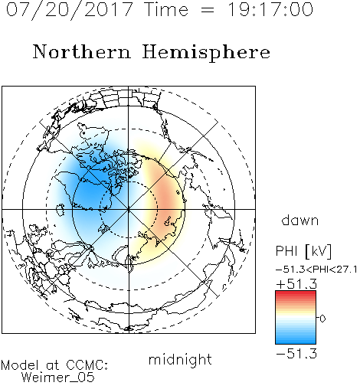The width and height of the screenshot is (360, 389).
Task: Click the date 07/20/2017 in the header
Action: pyautogui.click(x=70, y=10)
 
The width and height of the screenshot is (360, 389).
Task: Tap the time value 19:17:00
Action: pyautogui.click(x=270, y=9)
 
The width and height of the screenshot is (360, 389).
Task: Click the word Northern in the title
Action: pyautogui.click(x=82, y=51)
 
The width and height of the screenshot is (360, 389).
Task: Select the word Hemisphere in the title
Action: pyautogui.click(x=206, y=53)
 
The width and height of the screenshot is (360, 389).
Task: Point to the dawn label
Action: pyautogui.click(x=300, y=220)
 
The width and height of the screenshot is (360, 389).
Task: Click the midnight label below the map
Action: pyautogui.click(x=180, y=359)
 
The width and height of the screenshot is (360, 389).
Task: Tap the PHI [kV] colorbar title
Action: pyautogui.click(x=303, y=251)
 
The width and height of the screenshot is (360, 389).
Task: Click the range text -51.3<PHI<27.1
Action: pyautogui.click(x=316, y=270)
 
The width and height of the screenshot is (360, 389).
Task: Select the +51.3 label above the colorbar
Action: pyautogui.click(x=296, y=284)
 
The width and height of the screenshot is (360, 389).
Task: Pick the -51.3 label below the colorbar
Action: pyautogui.click(x=296, y=354)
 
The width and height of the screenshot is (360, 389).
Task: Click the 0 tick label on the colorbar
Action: pyautogui.click(x=322, y=319)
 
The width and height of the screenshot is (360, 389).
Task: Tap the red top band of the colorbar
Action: pyautogui.click(x=296, y=294)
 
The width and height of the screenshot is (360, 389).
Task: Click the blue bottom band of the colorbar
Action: pyautogui.click(x=296, y=340)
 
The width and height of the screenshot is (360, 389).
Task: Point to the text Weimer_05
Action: pyautogui.click(x=58, y=378)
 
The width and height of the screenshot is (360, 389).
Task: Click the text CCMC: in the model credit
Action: pyautogui.click(x=87, y=365)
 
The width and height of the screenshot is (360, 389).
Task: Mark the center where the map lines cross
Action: pyautogui.click(x=129, y=209)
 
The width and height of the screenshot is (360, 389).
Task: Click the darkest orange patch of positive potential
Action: pyautogui.click(x=166, y=199)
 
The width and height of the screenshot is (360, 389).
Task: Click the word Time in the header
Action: pyautogui.click(x=166, y=9)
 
